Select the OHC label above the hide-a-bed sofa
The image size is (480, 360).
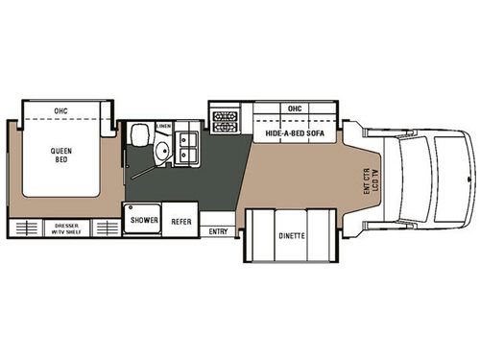[x=294, y=108]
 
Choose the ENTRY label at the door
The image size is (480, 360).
[x=218, y=231]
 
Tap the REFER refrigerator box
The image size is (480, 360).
[x=180, y=220]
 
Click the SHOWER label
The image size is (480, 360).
[x=144, y=220]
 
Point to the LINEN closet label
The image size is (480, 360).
[x=164, y=127]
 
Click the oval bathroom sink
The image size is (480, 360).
[x=163, y=151]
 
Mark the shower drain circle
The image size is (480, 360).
[x=130, y=207]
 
